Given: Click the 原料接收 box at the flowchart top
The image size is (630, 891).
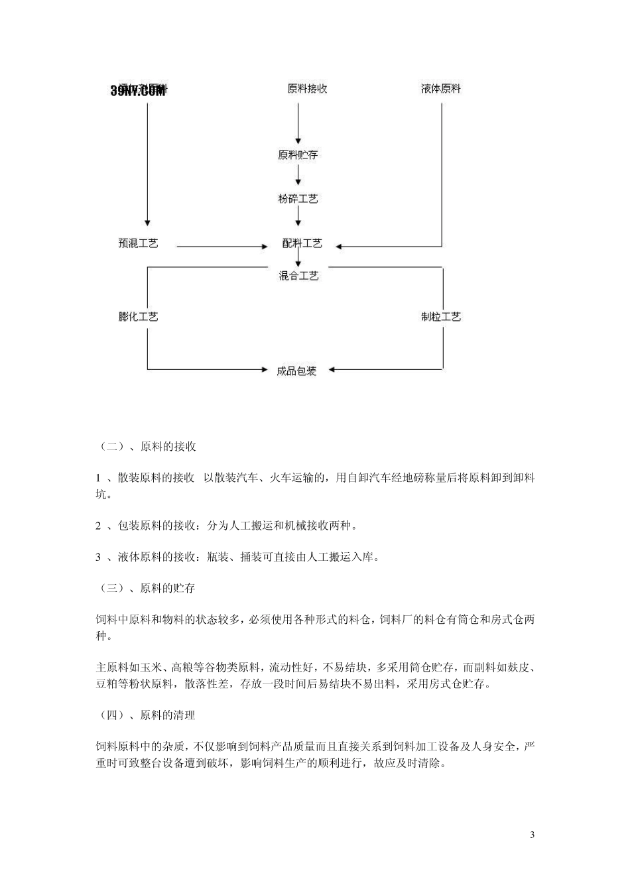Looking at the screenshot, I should click(x=307, y=89).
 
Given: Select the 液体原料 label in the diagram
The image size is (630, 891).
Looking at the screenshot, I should click(x=441, y=89).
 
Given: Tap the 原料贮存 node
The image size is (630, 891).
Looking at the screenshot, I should click(x=298, y=155).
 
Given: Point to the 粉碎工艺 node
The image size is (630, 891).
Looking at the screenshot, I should click(x=298, y=199).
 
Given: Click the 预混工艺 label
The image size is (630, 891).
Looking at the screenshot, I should click(x=138, y=243).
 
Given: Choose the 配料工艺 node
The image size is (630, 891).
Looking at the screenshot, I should click(x=302, y=243).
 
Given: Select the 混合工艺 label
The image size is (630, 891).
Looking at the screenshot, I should click(x=298, y=276).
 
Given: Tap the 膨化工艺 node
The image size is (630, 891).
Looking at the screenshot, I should click(x=138, y=317).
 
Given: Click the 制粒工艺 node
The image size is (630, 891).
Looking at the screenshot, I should click(x=441, y=317).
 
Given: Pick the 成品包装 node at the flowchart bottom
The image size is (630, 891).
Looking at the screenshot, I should click(x=296, y=371).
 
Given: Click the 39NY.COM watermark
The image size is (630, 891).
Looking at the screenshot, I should click(x=138, y=91).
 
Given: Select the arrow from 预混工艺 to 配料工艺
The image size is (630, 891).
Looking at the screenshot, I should click(x=222, y=247).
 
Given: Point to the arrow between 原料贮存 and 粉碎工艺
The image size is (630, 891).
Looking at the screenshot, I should click(x=298, y=176).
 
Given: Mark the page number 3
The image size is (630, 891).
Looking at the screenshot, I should click(x=533, y=834).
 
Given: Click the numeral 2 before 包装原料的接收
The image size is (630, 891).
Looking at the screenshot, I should click(x=98, y=526).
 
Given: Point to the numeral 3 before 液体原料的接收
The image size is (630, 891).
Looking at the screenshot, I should click(x=98, y=558).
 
